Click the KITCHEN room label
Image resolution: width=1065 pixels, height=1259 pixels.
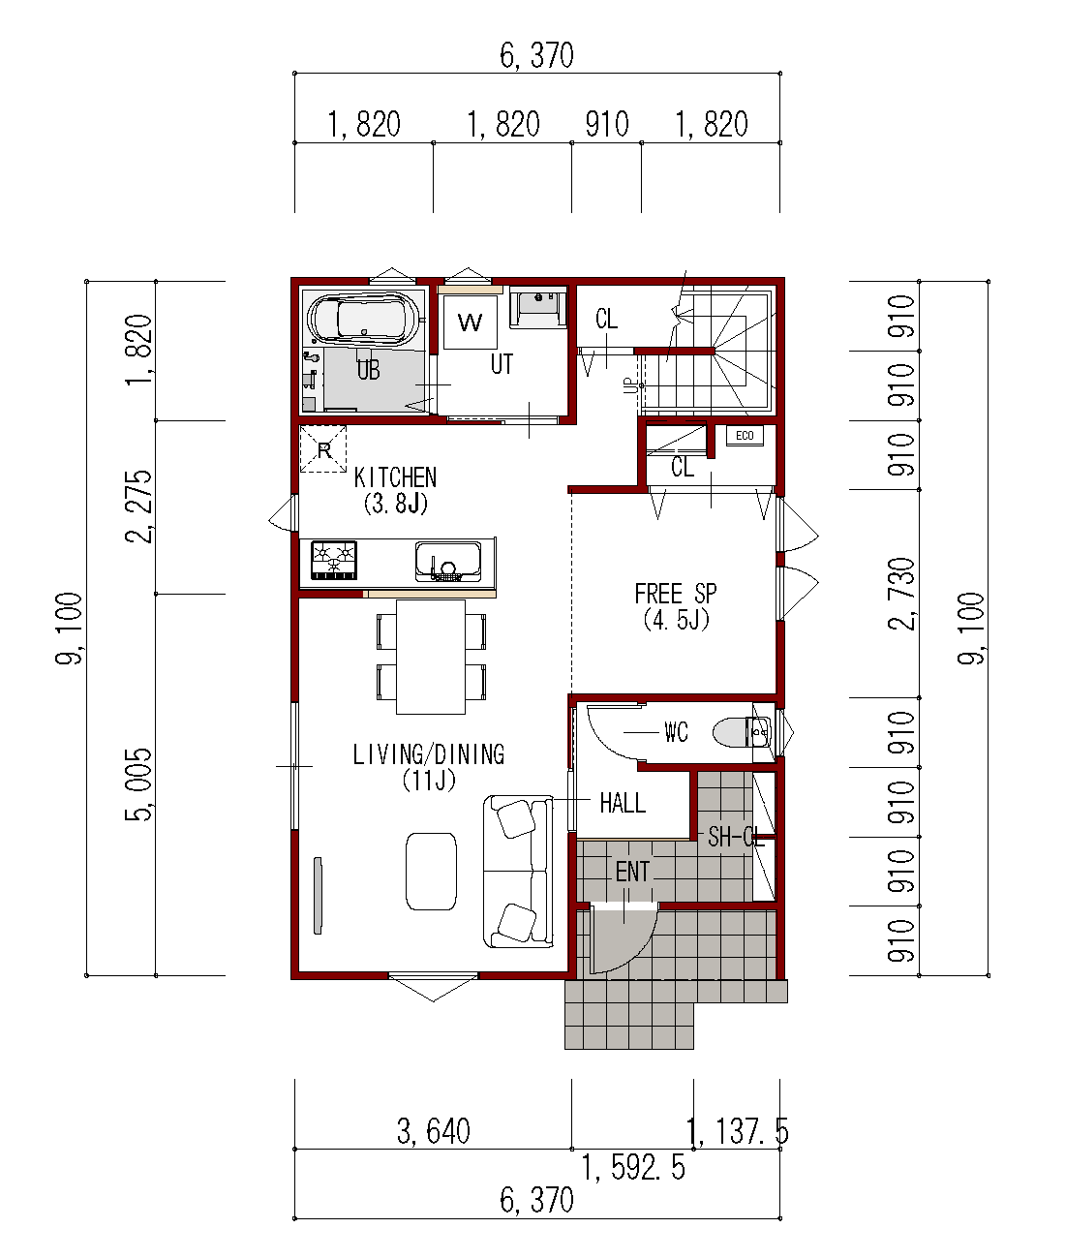pyautogui.click(x=396, y=478)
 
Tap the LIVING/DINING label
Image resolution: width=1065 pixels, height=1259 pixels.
pyautogui.click(x=429, y=754)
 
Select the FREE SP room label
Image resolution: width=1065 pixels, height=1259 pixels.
pyautogui.click(x=676, y=594)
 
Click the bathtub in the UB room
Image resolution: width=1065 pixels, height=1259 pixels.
pyautogui.click(x=363, y=319)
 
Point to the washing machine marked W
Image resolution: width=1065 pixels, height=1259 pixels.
pyautogui.click(x=471, y=322)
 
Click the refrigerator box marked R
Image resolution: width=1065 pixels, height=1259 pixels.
pyautogui.click(x=323, y=449)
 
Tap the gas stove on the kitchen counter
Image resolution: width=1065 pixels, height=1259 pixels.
pyautogui.click(x=334, y=561)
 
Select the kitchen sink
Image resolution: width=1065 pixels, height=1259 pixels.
pyautogui.click(x=448, y=562)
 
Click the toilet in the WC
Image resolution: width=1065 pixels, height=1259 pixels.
pyautogui.click(x=742, y=732)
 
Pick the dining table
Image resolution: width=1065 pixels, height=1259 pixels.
pyautogui.click(x=431, y=657)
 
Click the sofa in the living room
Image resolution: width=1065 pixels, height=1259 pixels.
pyautogui.click(x=518, y=872)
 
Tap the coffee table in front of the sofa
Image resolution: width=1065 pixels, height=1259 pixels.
pyautogui.click(x=431, y=872)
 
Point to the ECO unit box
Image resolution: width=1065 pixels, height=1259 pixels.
pyautogui.click(x=745, y=436)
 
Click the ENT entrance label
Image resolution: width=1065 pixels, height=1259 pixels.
pyautogui.click(x=632, y=873)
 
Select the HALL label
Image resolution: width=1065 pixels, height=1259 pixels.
pyautogui.click(x=623, y=804)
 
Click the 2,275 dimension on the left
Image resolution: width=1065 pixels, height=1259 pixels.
pyautogui.click(x=138, y=507)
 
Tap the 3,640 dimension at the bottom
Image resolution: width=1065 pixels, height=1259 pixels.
pyautogui.click(x=434, y=1131)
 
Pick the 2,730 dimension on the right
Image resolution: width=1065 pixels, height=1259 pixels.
pyautogui.click(x=902, y=594)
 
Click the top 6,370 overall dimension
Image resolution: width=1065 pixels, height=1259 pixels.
pyautogui.click(x=536, y=55)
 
